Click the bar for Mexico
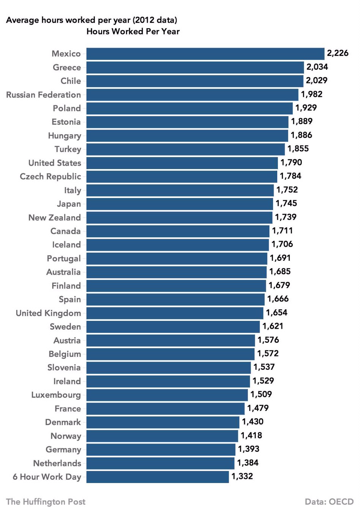pos(205,54)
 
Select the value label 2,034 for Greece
pos(317,67)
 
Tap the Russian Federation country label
pos(43,95)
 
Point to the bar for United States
pos(182,163)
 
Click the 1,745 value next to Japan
pos(286,203)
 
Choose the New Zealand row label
pos(54,217)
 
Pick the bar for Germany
pos(161,450)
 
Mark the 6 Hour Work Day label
pos(47,477)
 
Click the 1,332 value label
pos(242,476)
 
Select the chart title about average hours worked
pos(92,20)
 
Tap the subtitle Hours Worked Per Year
pos(133,32)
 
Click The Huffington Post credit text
pos(46,502)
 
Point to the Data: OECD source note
pos(329,502)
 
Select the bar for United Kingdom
pos(175,313)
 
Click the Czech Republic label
pos(50,176)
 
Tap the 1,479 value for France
pos(258,408)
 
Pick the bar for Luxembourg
pos(167,395)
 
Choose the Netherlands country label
pos(57,463)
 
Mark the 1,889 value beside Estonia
pos(302,121)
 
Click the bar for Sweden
pos(173,327)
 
